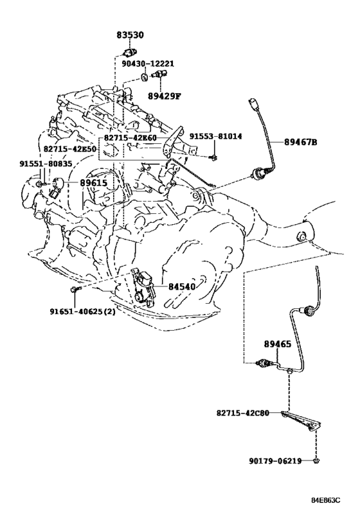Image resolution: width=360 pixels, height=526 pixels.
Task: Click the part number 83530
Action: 130,35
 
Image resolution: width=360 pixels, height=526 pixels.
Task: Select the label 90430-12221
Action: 148,64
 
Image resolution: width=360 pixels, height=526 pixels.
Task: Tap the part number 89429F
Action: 164,96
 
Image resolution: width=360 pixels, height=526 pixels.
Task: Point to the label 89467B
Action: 301,142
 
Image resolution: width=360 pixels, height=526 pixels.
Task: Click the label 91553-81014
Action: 215,136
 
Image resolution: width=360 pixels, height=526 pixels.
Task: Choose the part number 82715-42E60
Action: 130,137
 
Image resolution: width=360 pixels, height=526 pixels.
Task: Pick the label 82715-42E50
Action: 70,148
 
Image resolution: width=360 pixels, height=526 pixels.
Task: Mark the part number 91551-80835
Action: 46,164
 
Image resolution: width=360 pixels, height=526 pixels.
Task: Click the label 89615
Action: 93,183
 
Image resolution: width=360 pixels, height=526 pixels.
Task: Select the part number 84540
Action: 182,286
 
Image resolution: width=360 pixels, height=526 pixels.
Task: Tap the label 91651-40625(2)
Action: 83,311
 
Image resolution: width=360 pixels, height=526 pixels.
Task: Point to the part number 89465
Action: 277,344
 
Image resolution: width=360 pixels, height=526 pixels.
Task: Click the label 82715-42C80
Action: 243,413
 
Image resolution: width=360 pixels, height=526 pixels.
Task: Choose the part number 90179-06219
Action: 275,461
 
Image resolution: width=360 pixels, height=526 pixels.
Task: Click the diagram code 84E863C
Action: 325,500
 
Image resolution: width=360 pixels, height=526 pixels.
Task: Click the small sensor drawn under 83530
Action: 130,53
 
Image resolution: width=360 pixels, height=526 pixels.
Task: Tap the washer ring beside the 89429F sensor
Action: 145,78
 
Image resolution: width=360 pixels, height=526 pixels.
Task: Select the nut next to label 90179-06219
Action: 316,461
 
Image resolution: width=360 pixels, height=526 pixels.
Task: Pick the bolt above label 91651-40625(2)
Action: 75,289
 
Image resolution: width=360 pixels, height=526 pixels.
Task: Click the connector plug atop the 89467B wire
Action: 254,103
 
